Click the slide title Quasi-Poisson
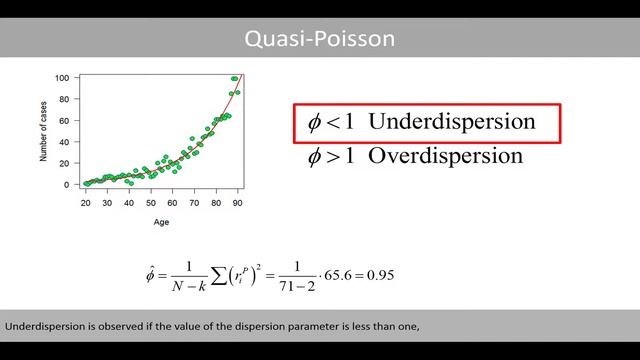click(320, 39)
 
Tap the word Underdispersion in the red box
click(452, 122)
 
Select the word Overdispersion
click(446, 156)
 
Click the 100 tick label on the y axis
click(62, 78)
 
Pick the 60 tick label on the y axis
click(64, 121)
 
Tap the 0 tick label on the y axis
click(67, 185)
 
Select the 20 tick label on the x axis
click(86, 202)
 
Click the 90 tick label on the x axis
click(237, 202)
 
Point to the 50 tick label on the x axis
click(151, 202)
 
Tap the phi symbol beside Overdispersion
click(315, 156)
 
